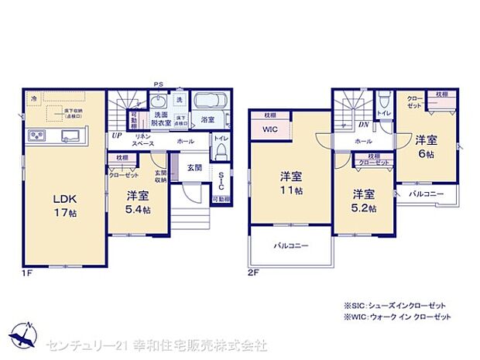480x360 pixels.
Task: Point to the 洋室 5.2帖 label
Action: [361, 201]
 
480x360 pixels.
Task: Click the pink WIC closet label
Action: [269, 129]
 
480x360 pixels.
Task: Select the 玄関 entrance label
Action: [194, 167]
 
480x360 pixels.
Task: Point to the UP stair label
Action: [116, 135]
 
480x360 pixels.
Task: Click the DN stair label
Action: [362, 125]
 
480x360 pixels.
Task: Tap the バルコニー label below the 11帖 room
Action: [290, 245]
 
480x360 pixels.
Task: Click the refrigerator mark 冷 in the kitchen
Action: [33, 99]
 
